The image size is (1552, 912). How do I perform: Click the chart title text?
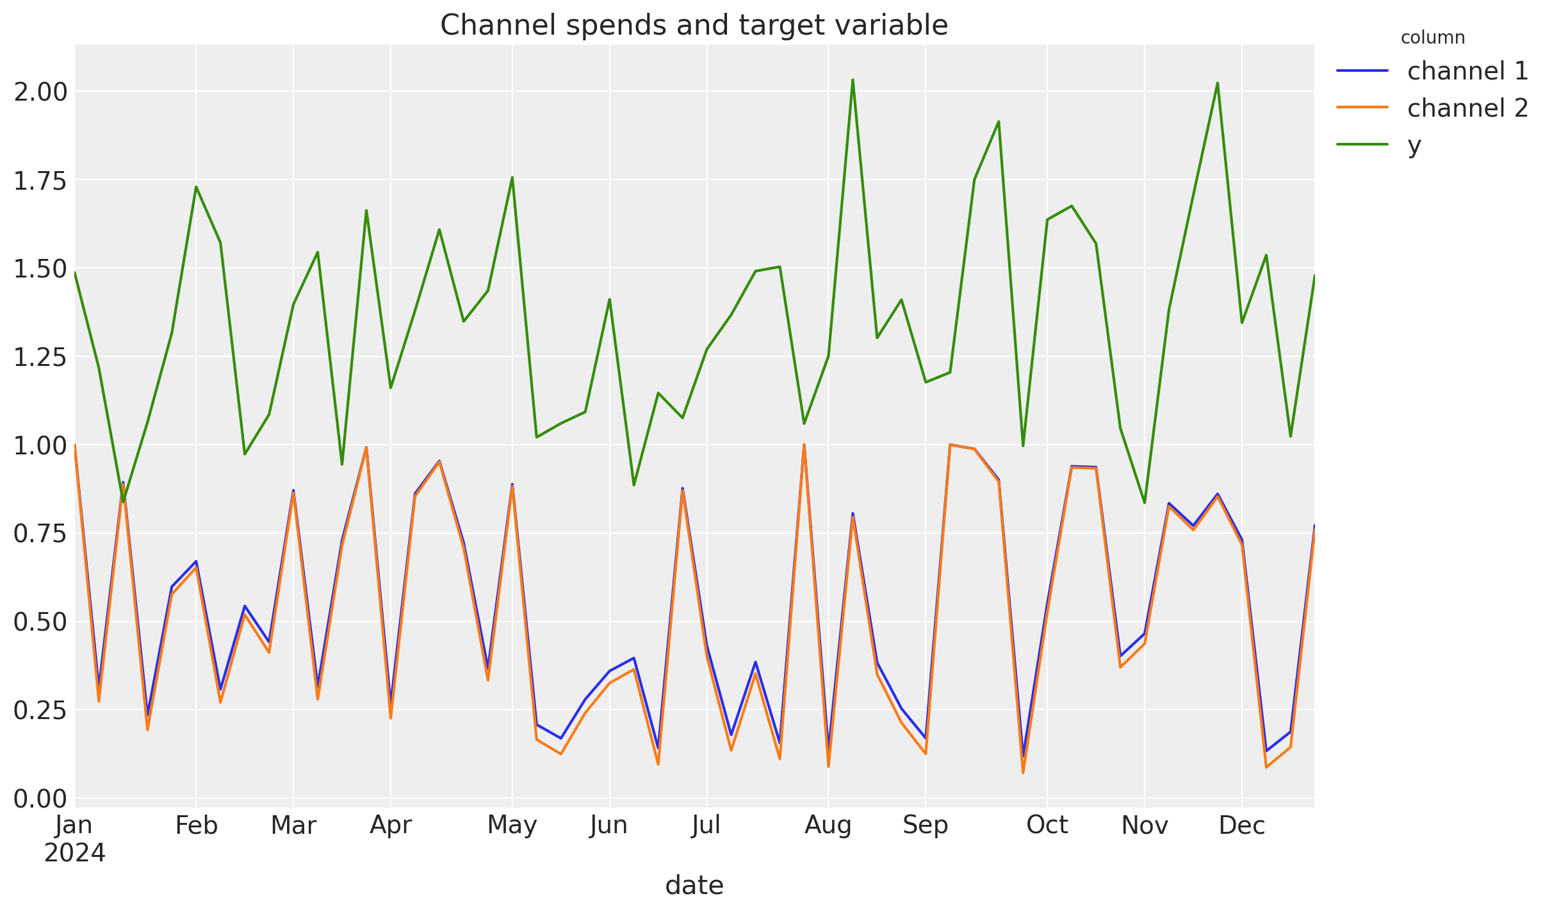[694, 26]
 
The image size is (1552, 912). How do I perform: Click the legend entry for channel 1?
[1467, 71]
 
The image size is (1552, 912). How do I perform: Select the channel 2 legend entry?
[1467, 108]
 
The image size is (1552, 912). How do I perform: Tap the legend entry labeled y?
[1414, 145]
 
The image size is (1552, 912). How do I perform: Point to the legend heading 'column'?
[1432, 38]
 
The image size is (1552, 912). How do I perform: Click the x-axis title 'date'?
[694, 886]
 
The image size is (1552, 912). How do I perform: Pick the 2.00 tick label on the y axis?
[40, 92]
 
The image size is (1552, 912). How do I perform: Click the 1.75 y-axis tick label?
[40, 181]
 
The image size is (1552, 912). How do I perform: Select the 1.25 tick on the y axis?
[40, 357]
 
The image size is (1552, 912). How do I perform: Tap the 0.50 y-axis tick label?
[40, 622]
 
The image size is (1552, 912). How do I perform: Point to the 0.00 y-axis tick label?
[40, 799]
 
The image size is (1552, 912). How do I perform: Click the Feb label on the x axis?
[196, 825]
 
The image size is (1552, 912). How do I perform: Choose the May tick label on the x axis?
[512, 825]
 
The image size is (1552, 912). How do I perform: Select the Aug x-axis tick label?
[828, 825]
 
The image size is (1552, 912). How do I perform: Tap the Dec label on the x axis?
[1241, 825]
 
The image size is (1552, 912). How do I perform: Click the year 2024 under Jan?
[74, 853]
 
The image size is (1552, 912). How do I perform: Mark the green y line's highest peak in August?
[853, 80]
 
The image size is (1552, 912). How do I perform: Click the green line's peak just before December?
[1217, 83]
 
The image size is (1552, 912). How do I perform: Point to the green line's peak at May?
[512, 178]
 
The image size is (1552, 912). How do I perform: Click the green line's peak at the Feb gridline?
[196, 187]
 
